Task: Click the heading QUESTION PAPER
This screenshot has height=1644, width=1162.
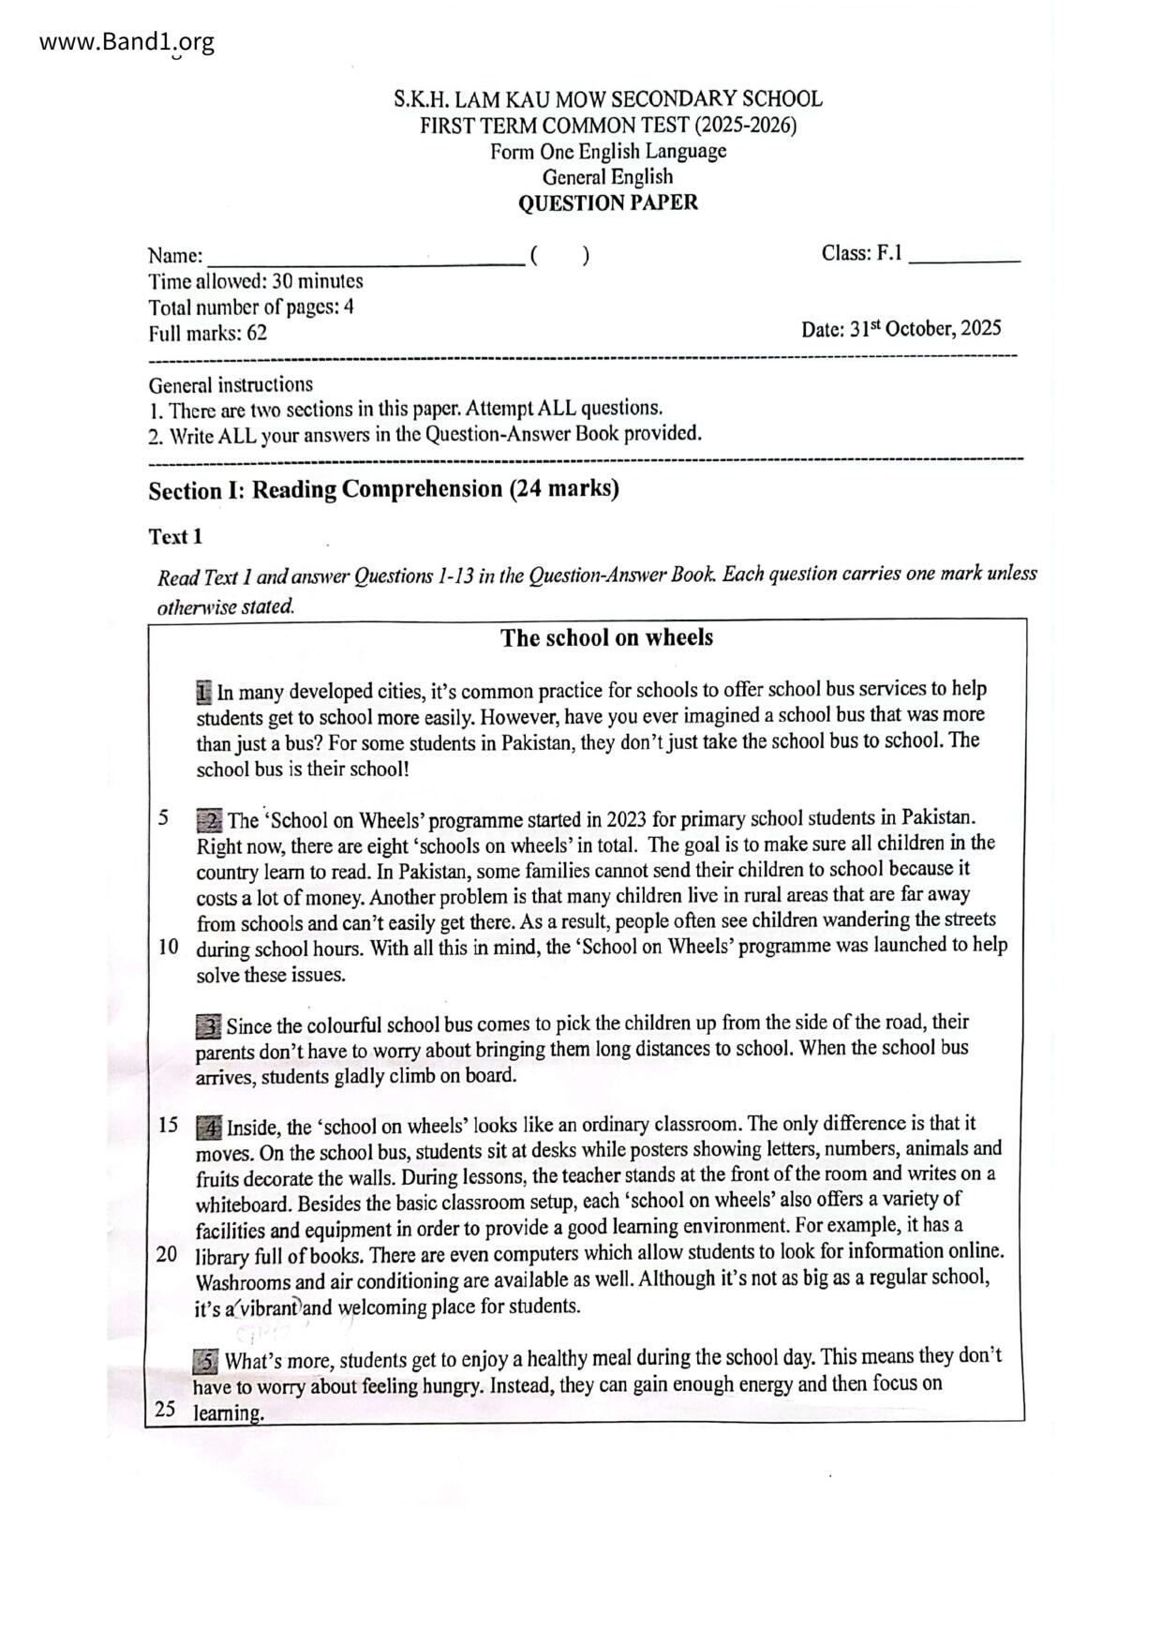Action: [607, 202]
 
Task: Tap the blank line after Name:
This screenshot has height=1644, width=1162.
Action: [365, 259]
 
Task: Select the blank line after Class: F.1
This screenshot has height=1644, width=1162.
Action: [964, 257]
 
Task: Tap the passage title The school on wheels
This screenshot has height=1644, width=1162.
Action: [606, 638]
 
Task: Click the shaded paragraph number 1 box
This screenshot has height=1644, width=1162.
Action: [204, 693]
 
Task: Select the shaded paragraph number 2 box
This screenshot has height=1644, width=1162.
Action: [209, 821]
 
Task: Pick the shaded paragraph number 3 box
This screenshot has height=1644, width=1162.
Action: [208, 1026]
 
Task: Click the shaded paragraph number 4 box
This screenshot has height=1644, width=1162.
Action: [208, 1127]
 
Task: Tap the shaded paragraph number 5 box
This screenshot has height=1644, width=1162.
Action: [206, 1360]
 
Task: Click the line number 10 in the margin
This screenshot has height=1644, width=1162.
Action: [168, 947]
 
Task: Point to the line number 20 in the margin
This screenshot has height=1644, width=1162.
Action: [167, 1254]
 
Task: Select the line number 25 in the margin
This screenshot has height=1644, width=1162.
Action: [166, 1410]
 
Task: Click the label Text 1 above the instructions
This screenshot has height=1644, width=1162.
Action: [175, 537]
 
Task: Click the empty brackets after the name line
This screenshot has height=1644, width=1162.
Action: [559, 256]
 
